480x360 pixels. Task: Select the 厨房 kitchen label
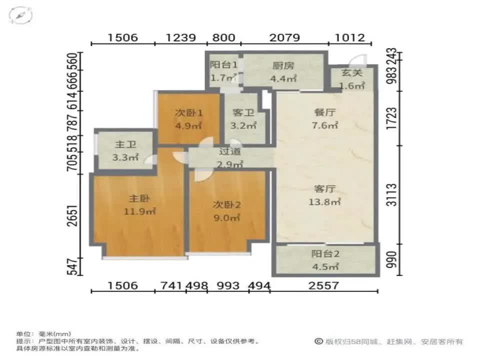[283, 65]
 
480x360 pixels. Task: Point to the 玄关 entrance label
[351, 73]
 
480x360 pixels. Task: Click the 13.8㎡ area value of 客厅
[325, 202]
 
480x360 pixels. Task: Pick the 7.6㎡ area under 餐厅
[325, 125]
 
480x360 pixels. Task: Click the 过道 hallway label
[230, 151]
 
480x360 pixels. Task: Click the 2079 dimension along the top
[284, 37]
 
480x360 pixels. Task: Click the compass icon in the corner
[20, 15]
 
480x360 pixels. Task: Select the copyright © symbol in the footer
[318, 341]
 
